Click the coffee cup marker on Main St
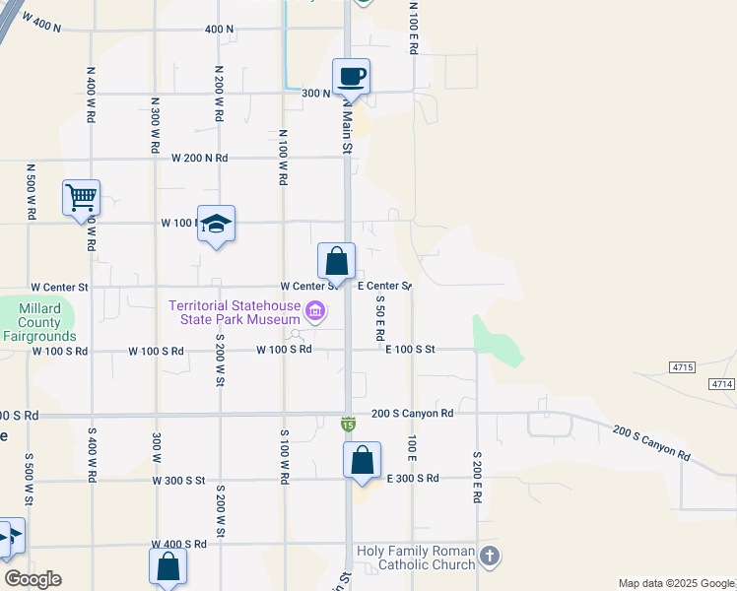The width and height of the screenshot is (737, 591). click(352, 76)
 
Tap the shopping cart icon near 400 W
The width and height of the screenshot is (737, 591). click(81, 197)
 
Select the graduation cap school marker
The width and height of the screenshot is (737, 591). click(216, 224)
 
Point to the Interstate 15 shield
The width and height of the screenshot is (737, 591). click(348, 424)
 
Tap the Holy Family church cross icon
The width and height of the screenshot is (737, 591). click(490, 558)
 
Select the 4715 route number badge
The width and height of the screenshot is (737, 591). click(682, 366)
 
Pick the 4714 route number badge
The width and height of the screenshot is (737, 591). click(722, 383)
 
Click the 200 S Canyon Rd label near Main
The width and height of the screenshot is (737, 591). click(412, 414)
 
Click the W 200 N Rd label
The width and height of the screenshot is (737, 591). click(199, 158)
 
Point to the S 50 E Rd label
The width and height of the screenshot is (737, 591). click(379, 318)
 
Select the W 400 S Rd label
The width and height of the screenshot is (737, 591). click(178, 544)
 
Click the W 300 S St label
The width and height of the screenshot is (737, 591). click(178, 481)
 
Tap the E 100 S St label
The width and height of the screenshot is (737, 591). click(410, 349)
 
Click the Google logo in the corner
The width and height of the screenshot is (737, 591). click(33, 579)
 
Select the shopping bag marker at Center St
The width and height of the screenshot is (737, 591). click(336, 262)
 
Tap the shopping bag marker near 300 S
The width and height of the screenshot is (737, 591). click(362, 460)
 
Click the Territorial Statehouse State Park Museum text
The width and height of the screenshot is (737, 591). click(234, 312)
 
